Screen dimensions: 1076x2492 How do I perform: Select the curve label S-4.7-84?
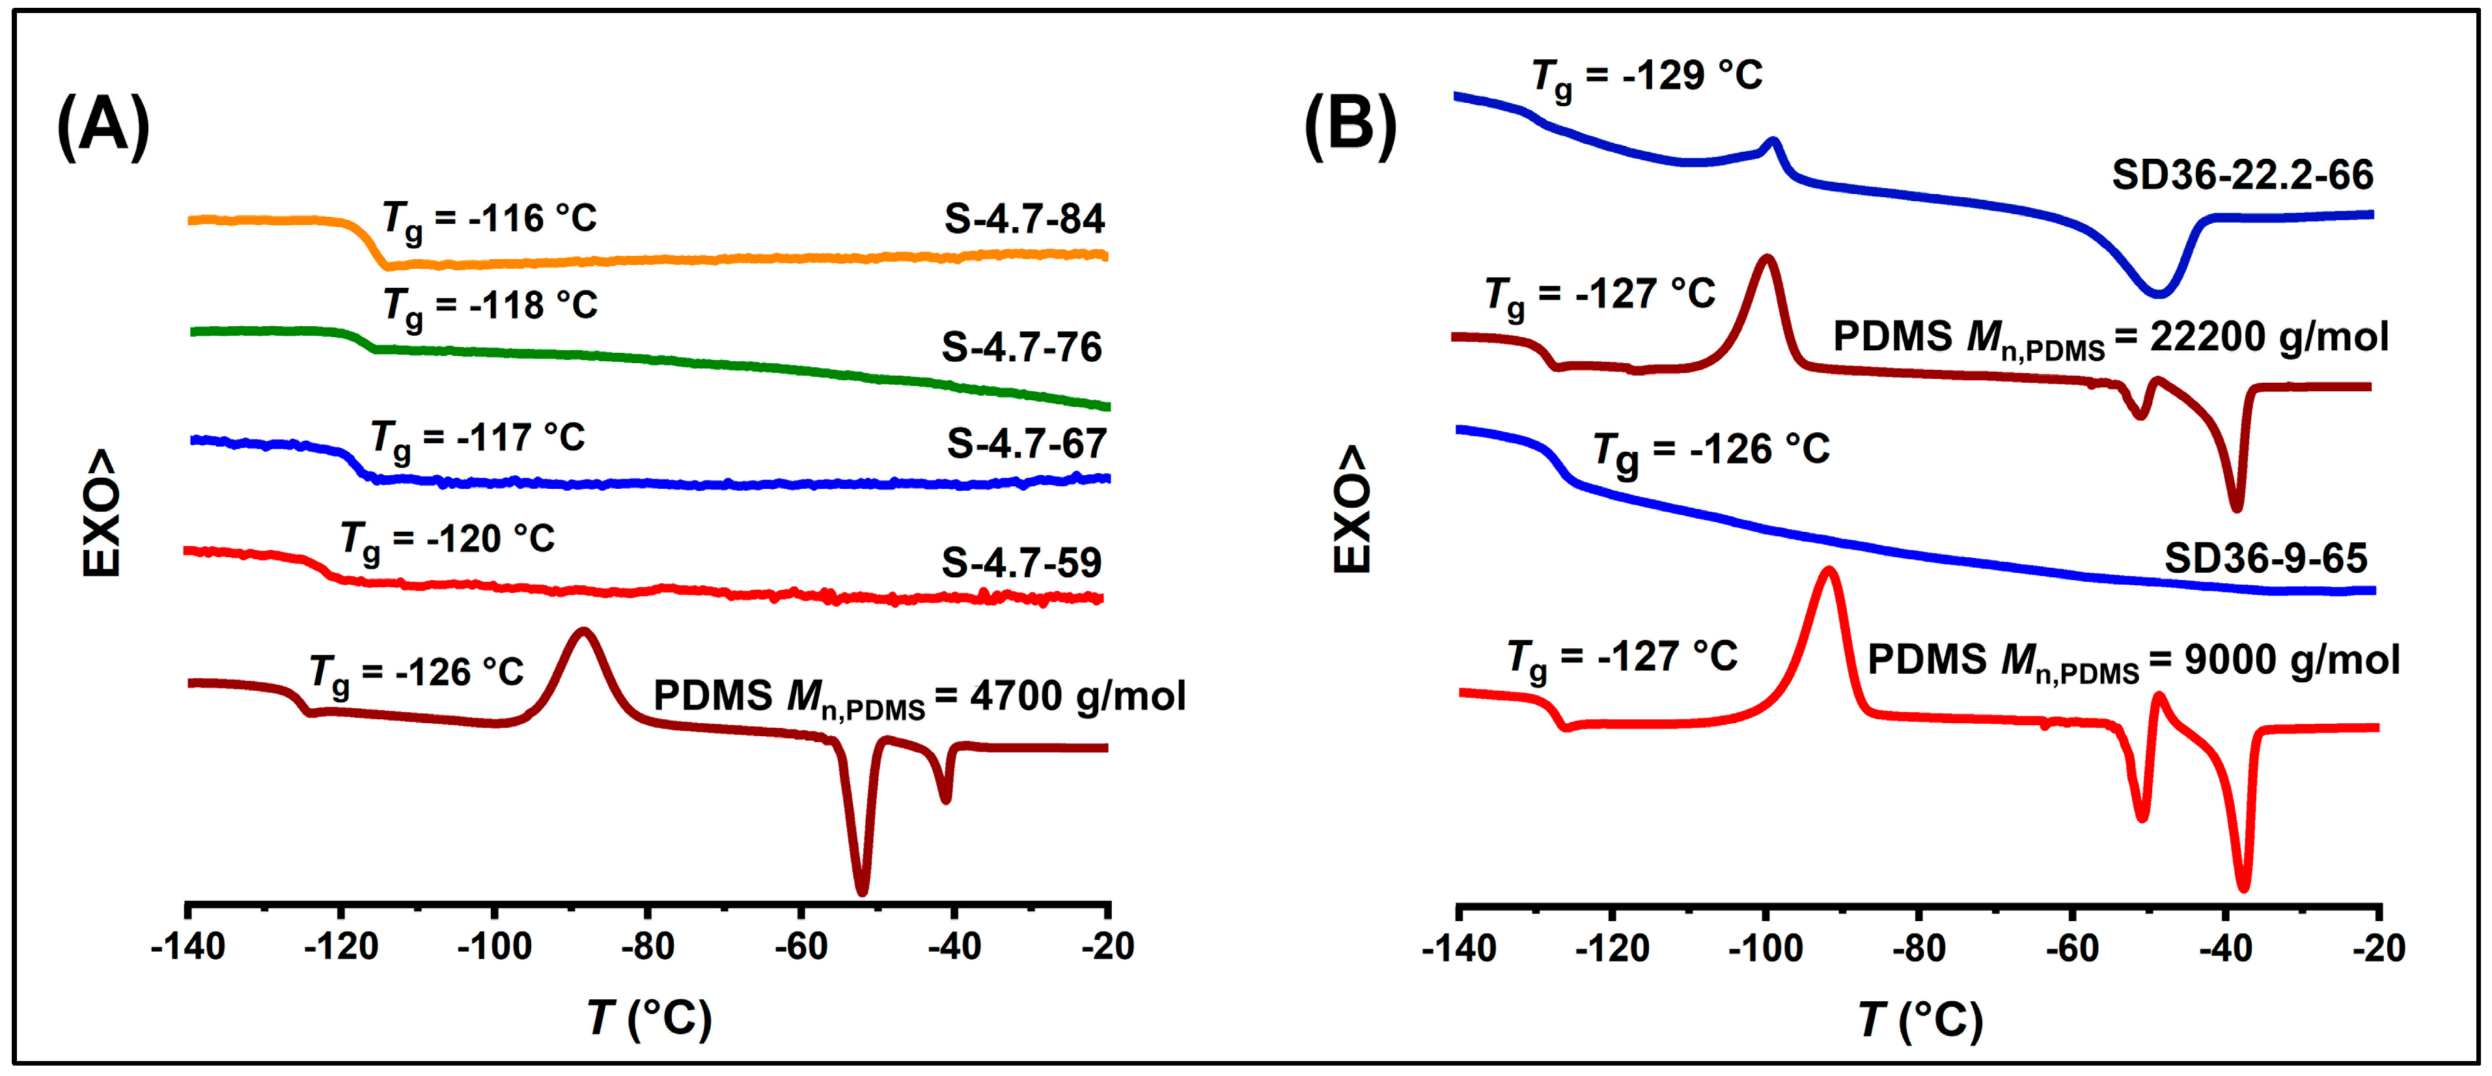[1025, 219]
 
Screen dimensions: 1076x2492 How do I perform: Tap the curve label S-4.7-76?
[1021, 348]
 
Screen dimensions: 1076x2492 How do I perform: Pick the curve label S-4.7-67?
[1027, 444]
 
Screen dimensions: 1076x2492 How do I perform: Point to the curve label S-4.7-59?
[1021, 563]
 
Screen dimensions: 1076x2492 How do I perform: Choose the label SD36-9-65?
[2265, 559]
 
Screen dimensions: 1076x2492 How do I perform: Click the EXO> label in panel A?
[102, 513]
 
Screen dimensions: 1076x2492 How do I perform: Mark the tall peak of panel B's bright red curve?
[1829, 573]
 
